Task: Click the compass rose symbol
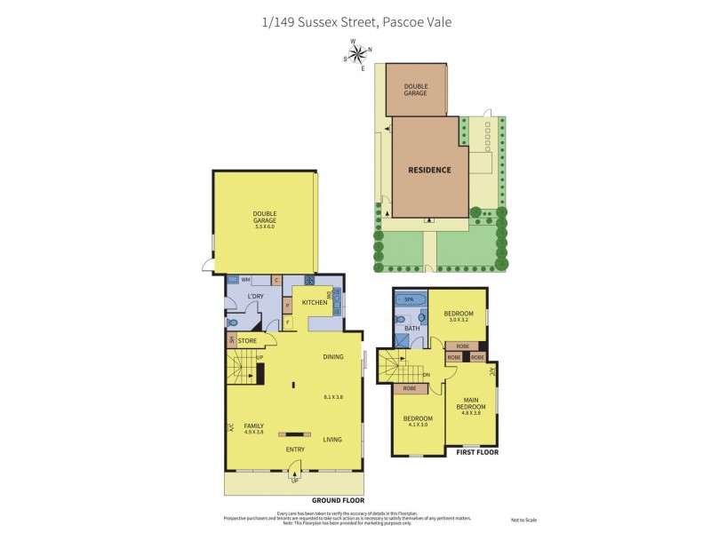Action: (357, 54)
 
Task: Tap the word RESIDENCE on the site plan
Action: (429, 170)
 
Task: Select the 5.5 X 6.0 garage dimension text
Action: (264, 227)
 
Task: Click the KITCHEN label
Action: (315, 303)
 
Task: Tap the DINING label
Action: (333, 357)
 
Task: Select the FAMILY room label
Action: (254, 426)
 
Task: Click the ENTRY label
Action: (295, 449)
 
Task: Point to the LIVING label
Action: (332, 439)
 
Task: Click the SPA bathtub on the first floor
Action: (410, 300)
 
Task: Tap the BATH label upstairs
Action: (411, 329)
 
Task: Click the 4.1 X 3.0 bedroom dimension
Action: (418, 426)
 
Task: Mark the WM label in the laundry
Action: (245, 280)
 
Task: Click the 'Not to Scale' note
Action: (524, 520)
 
